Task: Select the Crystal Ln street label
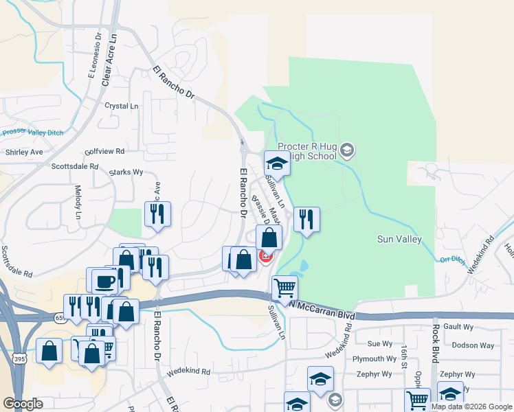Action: coord(121,106)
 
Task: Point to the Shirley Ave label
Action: coord(23,152)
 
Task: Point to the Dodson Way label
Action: coord(478,345)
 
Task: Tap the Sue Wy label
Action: coord(379,343)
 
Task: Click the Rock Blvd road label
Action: coord(435,348)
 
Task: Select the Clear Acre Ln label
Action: coord(108,60)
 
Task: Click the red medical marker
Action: coord(265,256)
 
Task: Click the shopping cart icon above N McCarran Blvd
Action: coord(284,288)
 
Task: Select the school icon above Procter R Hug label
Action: coord(277,163)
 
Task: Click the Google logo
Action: coord(23,404)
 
